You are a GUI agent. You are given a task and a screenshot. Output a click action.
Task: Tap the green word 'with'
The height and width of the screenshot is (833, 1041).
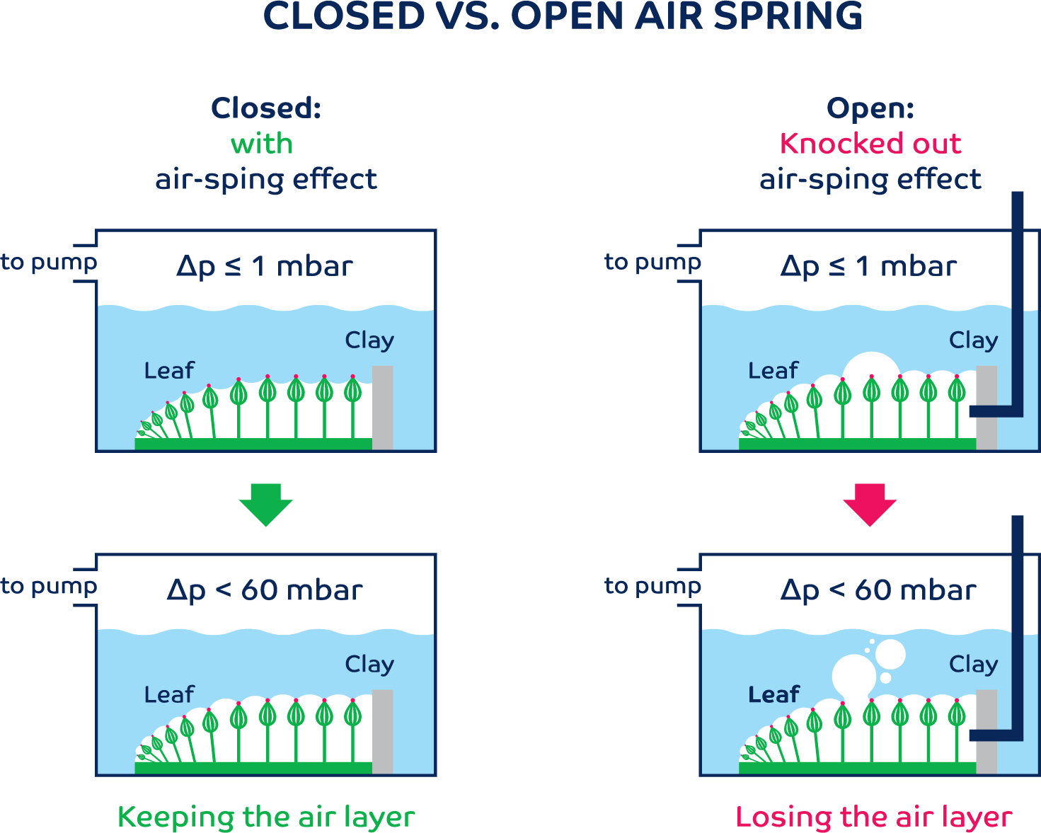click(x=262, y=144)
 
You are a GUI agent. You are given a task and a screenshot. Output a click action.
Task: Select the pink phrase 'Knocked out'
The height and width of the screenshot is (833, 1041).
click(x=870, y=144)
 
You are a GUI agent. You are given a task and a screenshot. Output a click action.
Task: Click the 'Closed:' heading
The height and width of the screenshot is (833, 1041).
click(x=266, y=108)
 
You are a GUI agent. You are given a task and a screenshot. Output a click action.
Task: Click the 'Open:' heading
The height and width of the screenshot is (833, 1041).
click(x=870, y=108)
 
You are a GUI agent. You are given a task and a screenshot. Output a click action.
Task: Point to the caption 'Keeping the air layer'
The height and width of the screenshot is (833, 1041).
click(x=266, y=817)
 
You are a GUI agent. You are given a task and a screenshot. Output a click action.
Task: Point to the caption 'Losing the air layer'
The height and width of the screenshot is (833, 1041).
click(x=873, y=817)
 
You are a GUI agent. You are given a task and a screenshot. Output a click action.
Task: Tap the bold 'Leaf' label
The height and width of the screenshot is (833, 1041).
click(x=773, y=694)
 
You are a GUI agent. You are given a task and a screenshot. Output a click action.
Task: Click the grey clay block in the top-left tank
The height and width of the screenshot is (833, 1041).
click(x=382, y=407)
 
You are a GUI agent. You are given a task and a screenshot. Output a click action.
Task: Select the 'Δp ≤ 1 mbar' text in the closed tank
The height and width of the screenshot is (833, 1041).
click(x=265, y=266)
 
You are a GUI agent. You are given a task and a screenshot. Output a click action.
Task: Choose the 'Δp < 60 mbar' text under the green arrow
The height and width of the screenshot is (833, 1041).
click(x=265, y=590)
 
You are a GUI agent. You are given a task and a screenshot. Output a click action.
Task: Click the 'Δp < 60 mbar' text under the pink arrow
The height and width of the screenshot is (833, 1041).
click(x=878, y=590)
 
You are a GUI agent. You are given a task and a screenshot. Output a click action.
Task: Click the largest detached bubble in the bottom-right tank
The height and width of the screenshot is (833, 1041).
click(x=890, y=655)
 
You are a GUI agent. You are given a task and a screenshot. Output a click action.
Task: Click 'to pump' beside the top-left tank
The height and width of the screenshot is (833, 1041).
click(x=48, y=262)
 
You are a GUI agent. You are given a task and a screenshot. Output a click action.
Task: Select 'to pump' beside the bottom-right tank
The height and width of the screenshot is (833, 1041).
click(x=652, y=586)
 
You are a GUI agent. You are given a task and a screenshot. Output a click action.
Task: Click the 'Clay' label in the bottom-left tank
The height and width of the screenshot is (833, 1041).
click(x=369, y=664)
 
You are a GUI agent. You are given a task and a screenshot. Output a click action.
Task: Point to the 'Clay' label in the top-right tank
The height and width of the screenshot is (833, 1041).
click(x=973, y=340)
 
